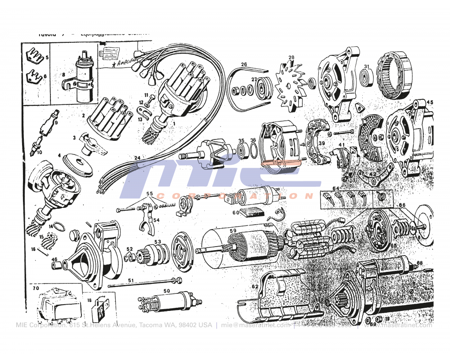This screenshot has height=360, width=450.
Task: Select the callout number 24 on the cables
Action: (137, 158)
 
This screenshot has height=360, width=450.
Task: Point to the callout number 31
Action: (367, 67)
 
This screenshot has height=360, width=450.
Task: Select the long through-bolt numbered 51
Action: (144, 283)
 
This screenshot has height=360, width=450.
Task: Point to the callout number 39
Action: (321, 143)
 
